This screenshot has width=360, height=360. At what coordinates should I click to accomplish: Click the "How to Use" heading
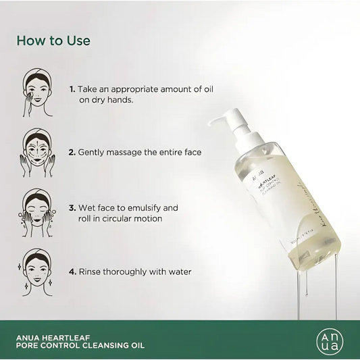coord(53,41)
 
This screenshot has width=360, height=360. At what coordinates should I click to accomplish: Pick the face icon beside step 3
coord(37,209)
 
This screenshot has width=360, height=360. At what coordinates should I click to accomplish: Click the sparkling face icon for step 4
coord(37,268)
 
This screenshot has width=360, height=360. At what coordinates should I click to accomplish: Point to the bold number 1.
coord(72,88)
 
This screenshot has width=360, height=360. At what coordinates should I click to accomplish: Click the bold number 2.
coord(72,153)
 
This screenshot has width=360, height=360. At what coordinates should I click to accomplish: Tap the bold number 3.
coord(72,207)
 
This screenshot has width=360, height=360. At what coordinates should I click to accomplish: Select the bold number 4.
coord(72,272)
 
